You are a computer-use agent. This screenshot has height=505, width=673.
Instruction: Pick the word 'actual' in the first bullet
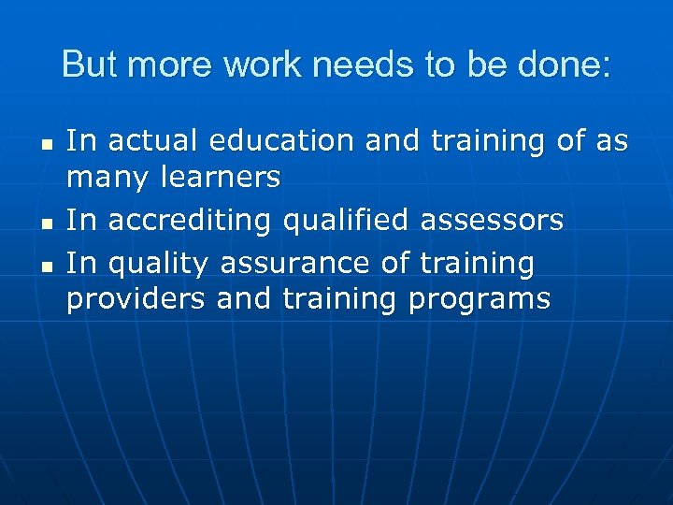tap(155, 141)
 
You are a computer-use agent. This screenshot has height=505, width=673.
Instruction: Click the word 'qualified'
tap(341, 221)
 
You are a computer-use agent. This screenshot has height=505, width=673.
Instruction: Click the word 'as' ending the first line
tap(612, 141)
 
